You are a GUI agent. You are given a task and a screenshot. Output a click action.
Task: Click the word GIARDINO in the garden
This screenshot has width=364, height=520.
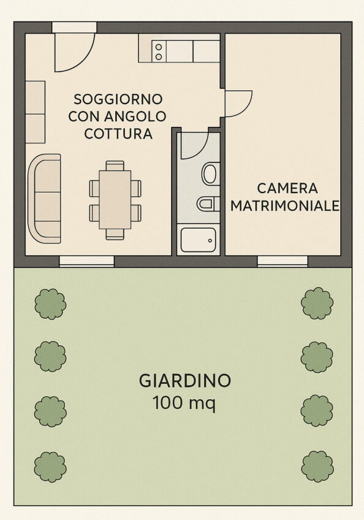pyautogui.click(x=184, y=381)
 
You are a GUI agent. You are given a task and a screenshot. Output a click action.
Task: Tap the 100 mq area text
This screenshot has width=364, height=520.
pyautogui.click(x=184, y=403)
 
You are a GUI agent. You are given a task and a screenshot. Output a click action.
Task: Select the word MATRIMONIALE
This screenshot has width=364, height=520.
pyautogui.click(x=285, y=205)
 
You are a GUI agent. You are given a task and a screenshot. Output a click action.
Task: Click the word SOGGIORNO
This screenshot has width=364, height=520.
pyautogui.click(x=118, y=99)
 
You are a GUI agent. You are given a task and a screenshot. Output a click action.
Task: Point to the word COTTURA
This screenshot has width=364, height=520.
pyautogui.click(x=118, y=134)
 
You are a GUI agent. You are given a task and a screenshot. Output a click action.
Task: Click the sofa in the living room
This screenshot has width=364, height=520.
pyautogui.click(x=44, y=198)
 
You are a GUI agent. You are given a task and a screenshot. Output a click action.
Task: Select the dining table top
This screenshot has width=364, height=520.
pyautogui.click(x=115, y=200)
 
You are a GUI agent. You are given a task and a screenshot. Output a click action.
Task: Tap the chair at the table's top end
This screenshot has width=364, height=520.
pyautogui.click(x=115, y=166)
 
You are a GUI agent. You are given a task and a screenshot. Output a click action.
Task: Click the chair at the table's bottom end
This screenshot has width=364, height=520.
pyautogui.click(x=115, y=234)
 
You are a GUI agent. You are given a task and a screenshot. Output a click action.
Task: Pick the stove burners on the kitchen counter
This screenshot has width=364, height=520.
pyautogui.click(x=159, y=52)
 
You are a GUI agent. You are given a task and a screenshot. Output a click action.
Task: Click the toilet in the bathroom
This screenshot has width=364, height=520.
pyautogui.click(x=211, y=174)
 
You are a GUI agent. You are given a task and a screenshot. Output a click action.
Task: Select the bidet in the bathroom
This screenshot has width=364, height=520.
pyautogui.click(x=208, y=204)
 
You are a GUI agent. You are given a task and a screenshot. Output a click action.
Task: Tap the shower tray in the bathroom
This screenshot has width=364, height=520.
pyautogui.click(x=199, y=239)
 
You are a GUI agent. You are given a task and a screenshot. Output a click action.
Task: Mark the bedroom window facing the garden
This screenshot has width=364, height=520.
pyautogui.click(x=282, y=261)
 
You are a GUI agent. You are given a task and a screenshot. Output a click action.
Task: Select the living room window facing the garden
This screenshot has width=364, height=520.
pyautogui.click(x=86, y=261)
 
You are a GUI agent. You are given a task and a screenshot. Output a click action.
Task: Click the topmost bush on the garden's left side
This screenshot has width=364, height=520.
pyautogui.click(x=50, y=304)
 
